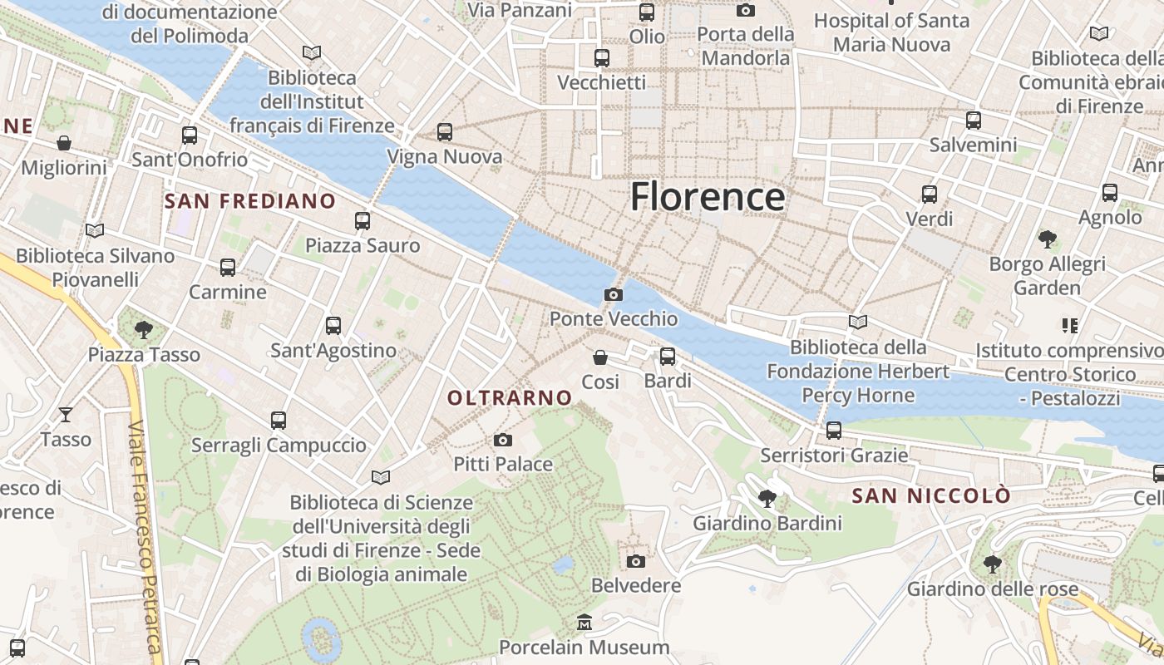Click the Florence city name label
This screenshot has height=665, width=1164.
[x=707, y=197]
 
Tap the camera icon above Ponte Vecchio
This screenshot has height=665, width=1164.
[x=614, y=295]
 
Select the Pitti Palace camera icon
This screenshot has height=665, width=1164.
[x=503, y=440]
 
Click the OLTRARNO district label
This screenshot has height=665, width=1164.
[x=510, y=398]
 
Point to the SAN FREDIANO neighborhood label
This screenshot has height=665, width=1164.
[x=249, y=201]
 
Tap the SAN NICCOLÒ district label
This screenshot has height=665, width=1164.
[x=931, y=496]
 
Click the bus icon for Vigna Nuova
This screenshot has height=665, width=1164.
[x=445, y=132]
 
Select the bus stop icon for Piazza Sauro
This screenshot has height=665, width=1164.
[x=363, y=221]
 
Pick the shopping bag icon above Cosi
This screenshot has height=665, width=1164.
[x=600, y=357]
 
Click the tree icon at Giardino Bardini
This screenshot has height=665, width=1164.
[x=767, y=499]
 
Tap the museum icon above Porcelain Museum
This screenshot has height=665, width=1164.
[x=584, y=623]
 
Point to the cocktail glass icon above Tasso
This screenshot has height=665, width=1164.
[x=66, y=414]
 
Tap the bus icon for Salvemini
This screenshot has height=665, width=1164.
[x=974, y=121]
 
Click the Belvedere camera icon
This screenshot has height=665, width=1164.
[x=636, y=561]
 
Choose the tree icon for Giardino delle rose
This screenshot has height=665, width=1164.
[x=992, y=564]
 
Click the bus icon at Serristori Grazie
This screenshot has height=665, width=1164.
[x=834, y=431]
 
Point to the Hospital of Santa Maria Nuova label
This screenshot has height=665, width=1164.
[x=891, y=32]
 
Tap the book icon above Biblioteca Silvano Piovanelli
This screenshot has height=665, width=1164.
[x=95, y=230]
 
